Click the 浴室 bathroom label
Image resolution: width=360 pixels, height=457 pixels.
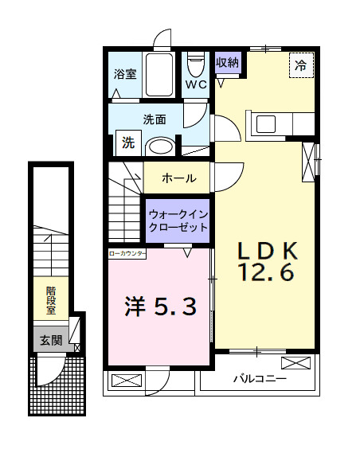126,76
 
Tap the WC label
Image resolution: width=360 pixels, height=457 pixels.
196,83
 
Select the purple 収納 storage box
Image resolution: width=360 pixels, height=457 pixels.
227,62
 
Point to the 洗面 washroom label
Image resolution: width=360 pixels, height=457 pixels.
154,119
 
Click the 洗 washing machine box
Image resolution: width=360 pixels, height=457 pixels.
127,143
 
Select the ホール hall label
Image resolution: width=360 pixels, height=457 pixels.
179,178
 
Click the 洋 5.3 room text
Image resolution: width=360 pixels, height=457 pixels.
159,306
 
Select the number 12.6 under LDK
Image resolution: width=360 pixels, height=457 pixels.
267,273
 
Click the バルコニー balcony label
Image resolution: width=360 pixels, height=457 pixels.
259,378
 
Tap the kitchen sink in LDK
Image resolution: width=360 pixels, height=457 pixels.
264,124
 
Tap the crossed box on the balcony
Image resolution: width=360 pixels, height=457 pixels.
296,365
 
